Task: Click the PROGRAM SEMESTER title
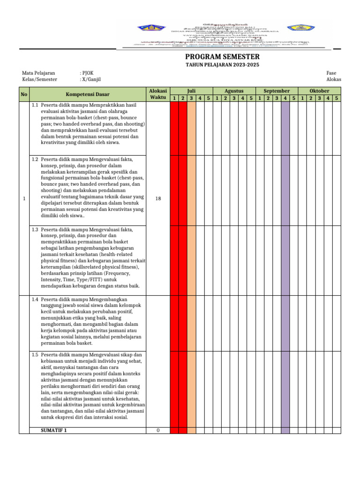pos(222,57)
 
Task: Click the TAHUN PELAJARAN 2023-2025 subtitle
pos(222,65)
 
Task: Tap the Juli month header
pos(191,90)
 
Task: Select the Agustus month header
pos(234,90)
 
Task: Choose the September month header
pos(277,90)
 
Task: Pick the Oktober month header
pos(320,90)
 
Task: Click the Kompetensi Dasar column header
pos(88,94)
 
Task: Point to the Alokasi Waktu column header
pos(158,94)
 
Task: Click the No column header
pos(24,94)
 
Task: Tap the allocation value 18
pos(158,199)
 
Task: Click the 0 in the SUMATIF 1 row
pos(158,430)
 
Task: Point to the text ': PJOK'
pos(87,73)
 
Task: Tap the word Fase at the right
pos(331,73)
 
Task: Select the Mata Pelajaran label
pos(38,73)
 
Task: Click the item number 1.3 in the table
pos(35,230)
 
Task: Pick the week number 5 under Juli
pos(208,98)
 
